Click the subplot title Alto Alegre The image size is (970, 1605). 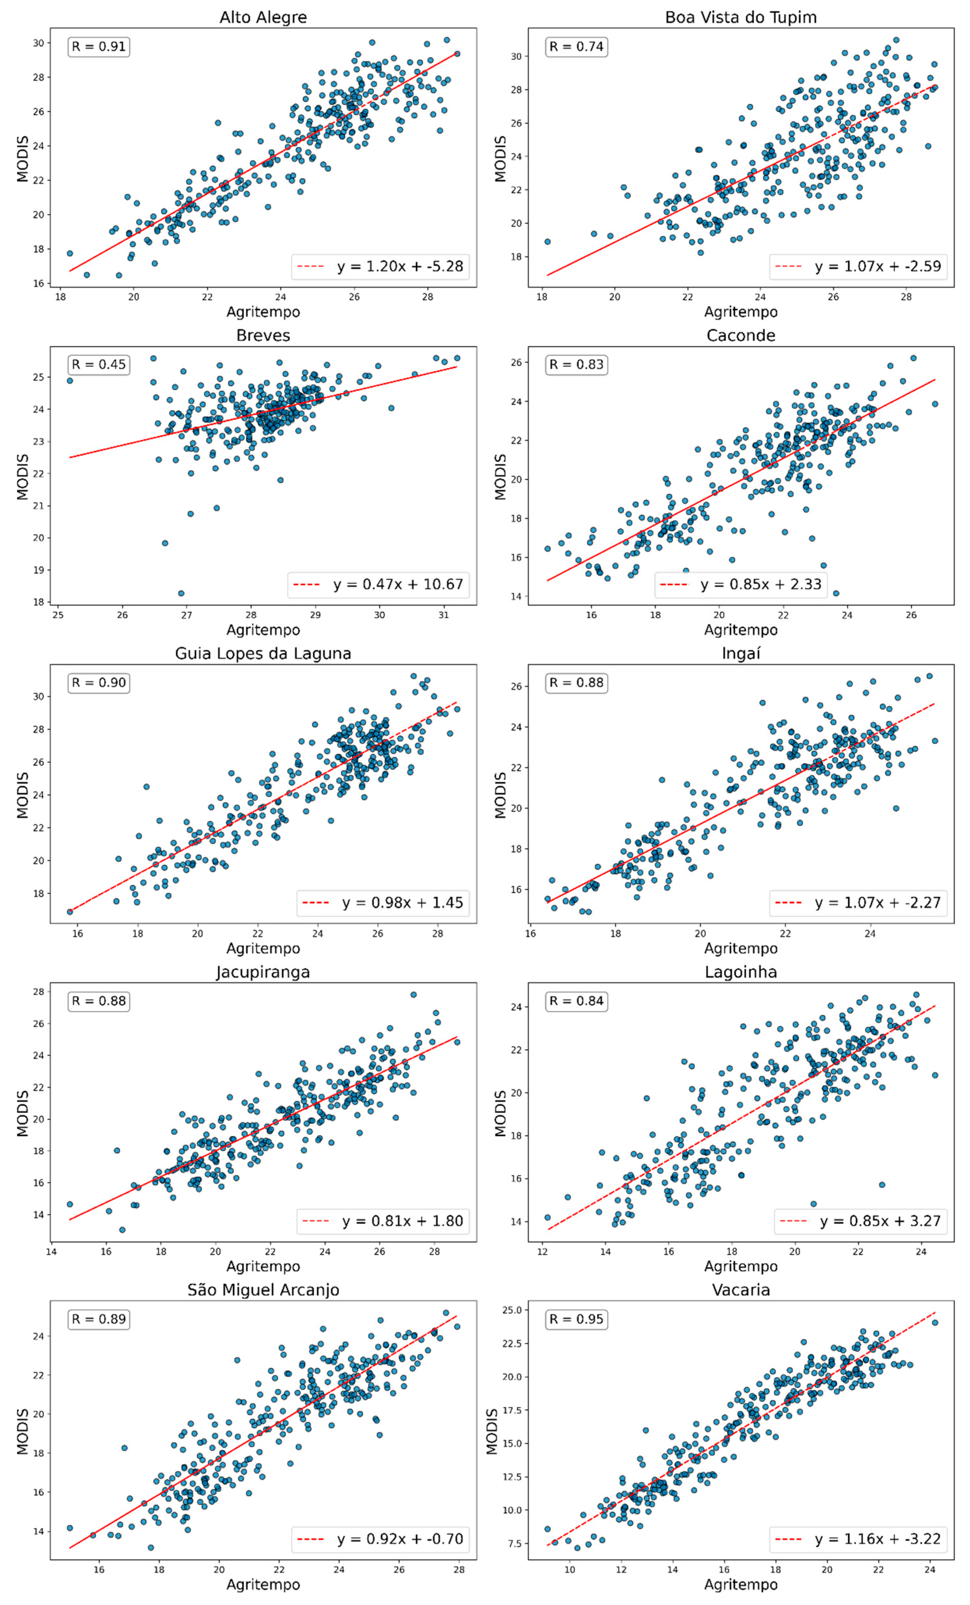(263, 17)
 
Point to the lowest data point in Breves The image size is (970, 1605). (181, 593)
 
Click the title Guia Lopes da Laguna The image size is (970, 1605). (263, 653)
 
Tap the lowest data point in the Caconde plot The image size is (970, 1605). (836, 593)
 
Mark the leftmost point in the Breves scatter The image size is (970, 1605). (70, 380)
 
